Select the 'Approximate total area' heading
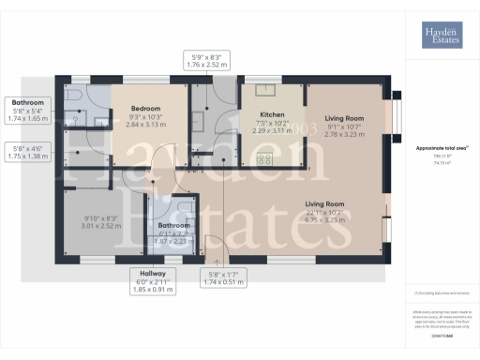coord(442,148)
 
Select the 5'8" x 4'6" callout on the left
coord(28,153)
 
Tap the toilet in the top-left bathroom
coord(73,97)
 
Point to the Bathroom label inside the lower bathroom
coord(172,225)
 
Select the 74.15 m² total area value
coord(442,162)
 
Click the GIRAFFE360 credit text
coord(442,335)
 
